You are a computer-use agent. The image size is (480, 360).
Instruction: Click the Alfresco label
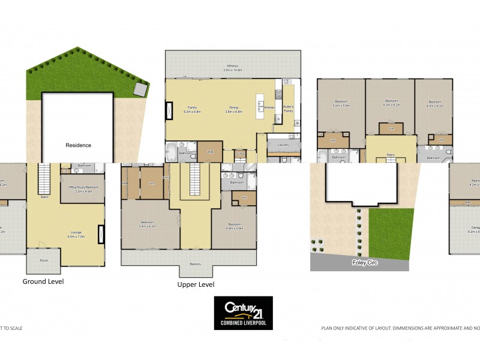point(232,68)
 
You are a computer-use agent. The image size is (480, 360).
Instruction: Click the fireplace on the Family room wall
point(169,110)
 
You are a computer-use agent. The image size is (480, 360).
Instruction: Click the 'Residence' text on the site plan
point(78,145)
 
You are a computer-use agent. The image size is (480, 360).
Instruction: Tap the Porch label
point(43,261)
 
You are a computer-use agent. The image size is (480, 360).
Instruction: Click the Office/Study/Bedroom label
point(82,190)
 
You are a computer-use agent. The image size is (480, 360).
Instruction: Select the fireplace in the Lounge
point(101,233)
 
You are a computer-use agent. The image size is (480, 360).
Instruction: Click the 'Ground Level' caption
point(43,281)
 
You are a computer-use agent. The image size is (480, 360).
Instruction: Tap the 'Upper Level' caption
point(196,284)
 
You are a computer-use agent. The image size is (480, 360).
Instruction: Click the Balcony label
point(196,264)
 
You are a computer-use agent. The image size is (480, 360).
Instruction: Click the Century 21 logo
point(244,313)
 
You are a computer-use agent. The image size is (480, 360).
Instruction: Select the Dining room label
point(233,109)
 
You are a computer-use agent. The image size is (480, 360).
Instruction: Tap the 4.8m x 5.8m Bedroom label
point(233,227)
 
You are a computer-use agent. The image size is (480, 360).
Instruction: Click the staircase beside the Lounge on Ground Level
point(44,178)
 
